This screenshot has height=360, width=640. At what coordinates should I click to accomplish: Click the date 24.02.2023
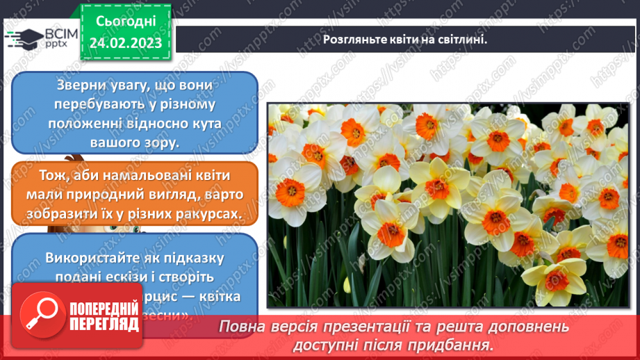point(125,43)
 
